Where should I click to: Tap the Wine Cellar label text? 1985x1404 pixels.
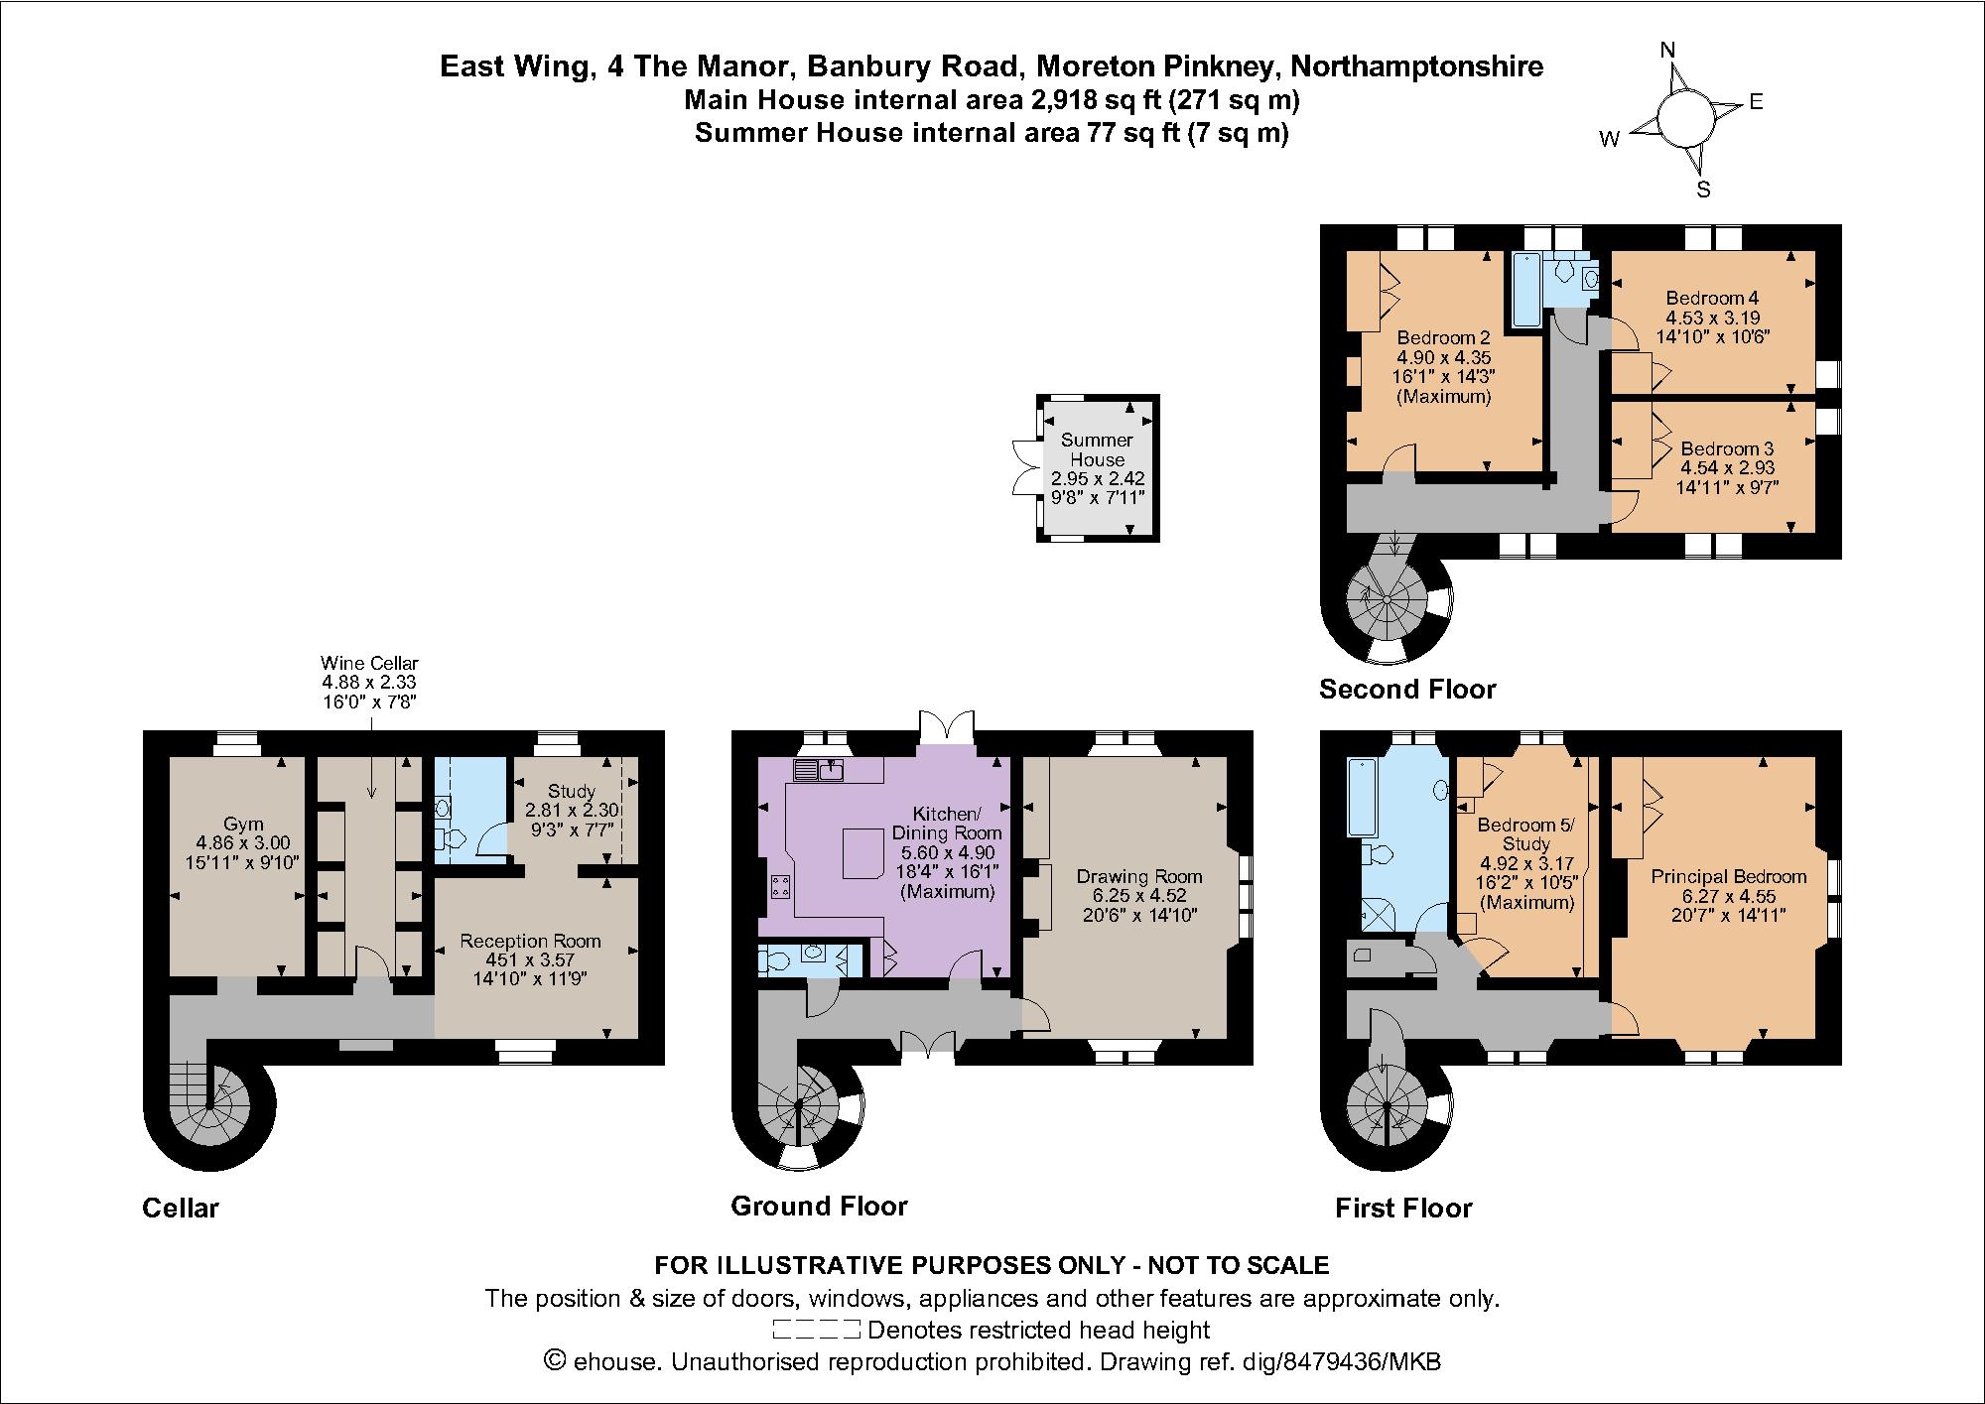pyautogui.click(x=369, y=663)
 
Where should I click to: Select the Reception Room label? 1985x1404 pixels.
pyautogui.click(x=530, y=941)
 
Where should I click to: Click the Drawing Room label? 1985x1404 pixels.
pyautogui.click(x=1138, y=877)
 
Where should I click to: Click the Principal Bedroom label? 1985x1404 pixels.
pyautogui.click(x=1728, y=877)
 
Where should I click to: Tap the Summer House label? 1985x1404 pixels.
pyautogui.click(x=1097, y=449)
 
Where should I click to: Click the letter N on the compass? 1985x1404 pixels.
pyautogui.click(x=1668, y=51)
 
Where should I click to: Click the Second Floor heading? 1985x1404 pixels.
pyautogui.click(x=1406, y=689)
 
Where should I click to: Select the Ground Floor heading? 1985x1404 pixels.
pyautogui.click(x=819, y=1206)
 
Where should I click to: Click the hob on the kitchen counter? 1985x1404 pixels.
pyautogui.click(x=780, y=886)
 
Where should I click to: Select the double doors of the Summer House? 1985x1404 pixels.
pyautogui.click(x=1023, y=466)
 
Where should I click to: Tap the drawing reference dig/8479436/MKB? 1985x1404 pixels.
pyautogui.click(x=1340, y=1362)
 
